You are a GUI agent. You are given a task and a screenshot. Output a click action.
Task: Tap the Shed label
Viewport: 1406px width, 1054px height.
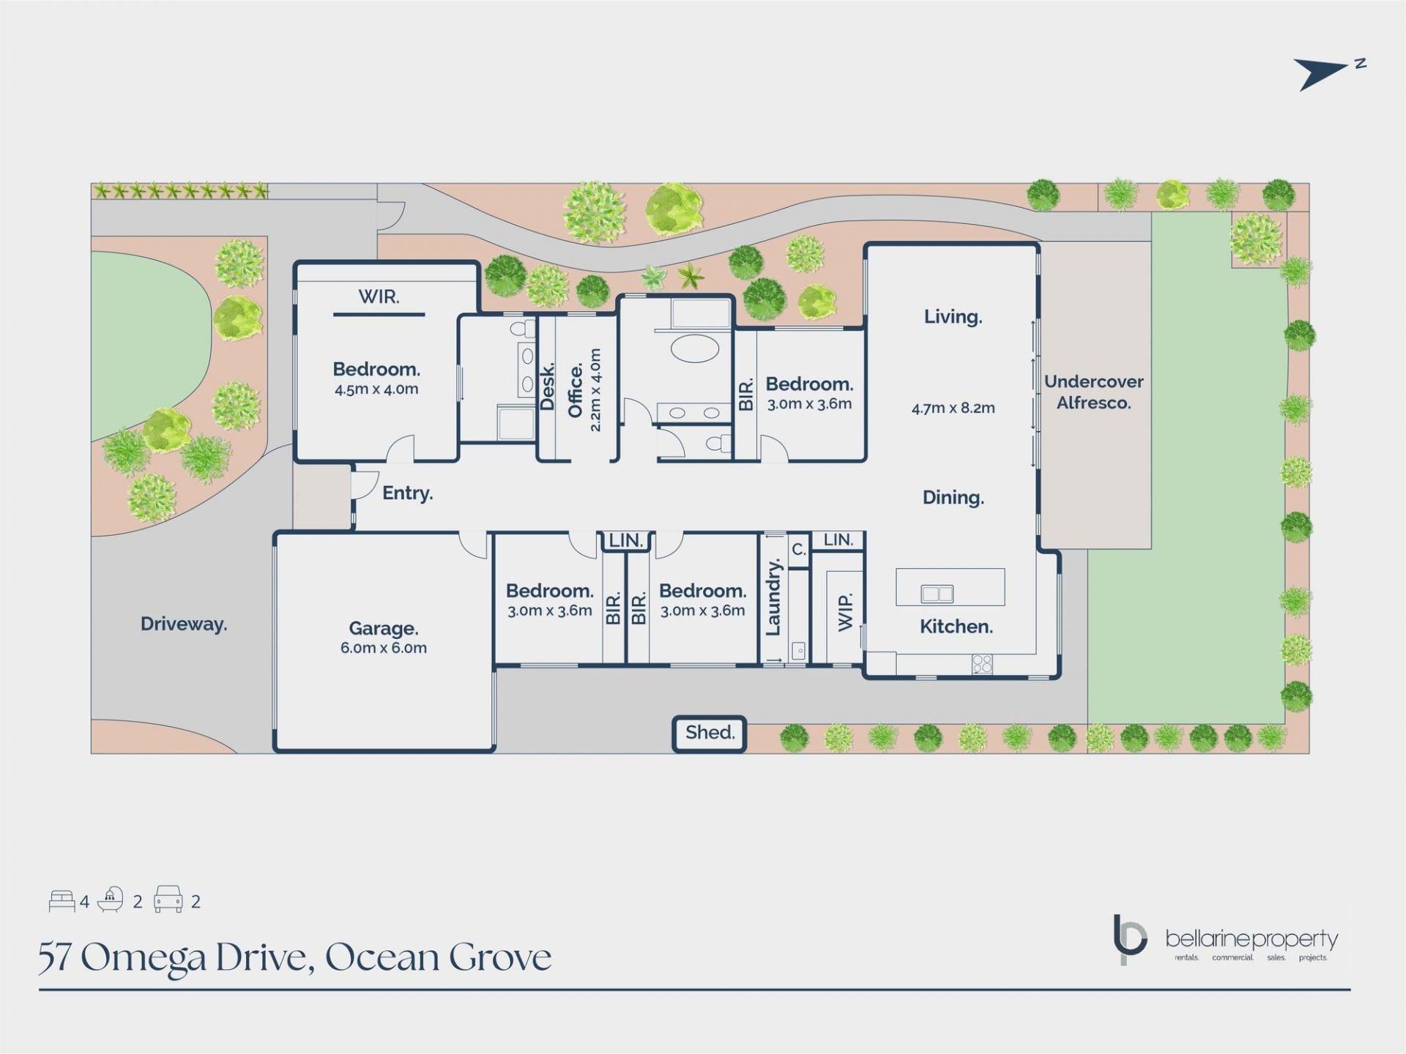click(x=710, y=733)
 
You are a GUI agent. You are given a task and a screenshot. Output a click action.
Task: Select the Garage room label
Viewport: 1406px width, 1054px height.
click(x=383, y=628)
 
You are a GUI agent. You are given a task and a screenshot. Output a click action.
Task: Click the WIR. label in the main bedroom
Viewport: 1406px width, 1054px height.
click(x=379, y=296)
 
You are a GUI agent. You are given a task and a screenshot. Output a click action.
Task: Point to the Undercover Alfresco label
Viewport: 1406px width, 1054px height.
click(x=1093, y=392)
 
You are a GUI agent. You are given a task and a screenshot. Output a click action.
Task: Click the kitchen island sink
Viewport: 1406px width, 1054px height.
click(x=937, y=593)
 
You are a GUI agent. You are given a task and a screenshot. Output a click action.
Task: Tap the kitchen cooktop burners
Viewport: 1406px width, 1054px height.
click(x=982, y=664)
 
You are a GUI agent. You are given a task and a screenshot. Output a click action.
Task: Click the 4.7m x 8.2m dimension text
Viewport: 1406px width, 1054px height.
click(x=953, y=408)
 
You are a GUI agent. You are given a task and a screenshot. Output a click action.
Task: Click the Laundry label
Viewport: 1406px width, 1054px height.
click(x=773, y=597)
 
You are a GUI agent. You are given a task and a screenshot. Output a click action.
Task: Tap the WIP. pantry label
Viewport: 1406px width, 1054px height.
click(x=845, y=612)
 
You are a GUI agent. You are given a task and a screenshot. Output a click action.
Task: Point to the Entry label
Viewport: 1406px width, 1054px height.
click(x=407, y=493)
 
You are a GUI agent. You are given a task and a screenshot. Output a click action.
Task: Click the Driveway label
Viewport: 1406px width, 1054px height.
click(x=184, y=624)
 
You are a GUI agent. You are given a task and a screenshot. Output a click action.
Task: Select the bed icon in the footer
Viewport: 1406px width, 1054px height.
click(x=62, y=901)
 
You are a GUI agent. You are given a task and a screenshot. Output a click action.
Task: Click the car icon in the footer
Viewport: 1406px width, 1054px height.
click(x=168, y=900)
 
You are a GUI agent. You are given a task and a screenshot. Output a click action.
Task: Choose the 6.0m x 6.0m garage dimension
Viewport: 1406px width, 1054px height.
click(x=383, y=648)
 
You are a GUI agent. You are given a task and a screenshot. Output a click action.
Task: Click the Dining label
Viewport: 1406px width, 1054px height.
click(x=953, y=498)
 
